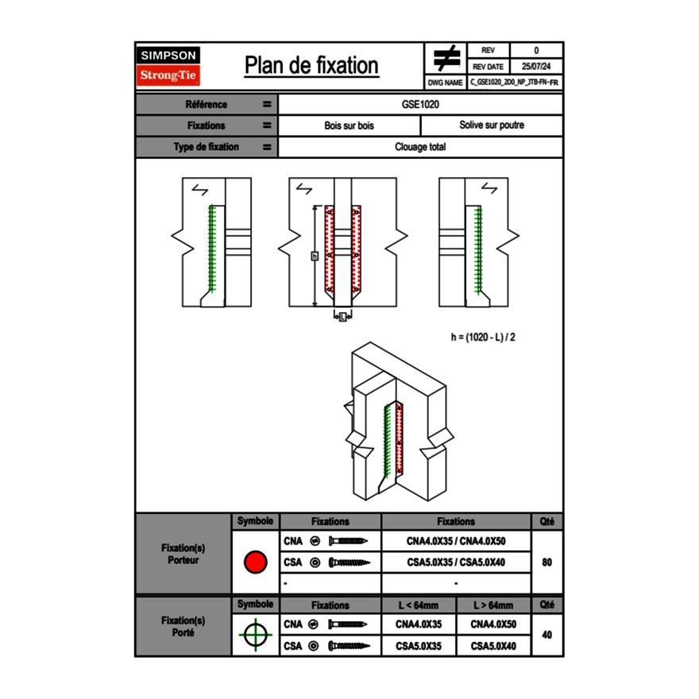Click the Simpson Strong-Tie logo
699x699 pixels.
click(x=169, y=66)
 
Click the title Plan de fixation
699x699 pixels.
click(x=311, y=66)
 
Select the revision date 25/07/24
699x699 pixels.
click(x=536, y=66)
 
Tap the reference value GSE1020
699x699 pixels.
click(x=420, y=104)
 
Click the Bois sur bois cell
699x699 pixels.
click(x=349, y=126)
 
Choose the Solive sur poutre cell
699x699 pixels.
click(x=491, y=126)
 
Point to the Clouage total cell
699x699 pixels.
click(x=420, y=147)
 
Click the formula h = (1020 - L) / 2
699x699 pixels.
click(x=484, y=337)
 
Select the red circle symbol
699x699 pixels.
click(x=255, y=562)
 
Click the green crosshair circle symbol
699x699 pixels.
click(x=255, y=635)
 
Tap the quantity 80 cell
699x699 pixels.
click(x=546, y=562)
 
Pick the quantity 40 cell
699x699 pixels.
click(x=546, y=635)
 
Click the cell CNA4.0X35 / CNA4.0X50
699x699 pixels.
click(x=456, y=541)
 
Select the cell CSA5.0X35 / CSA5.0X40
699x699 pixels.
click(x=456, y=562)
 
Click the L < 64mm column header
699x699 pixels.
click(x=419, y=605)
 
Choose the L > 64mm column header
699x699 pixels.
click(x=492, y=605)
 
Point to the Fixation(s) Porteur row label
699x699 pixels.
click(x=183, y=554)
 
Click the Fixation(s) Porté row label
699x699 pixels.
click(x=183, y=626)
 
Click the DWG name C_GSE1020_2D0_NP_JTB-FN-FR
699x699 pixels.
click(x=514, y=82)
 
